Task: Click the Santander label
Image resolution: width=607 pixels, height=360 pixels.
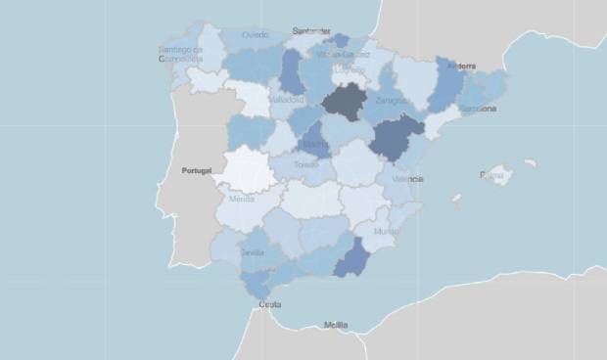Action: (310, 31)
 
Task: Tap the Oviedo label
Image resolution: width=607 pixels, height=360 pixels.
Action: (256, 35)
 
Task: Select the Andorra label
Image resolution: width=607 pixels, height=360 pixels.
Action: (460, 67)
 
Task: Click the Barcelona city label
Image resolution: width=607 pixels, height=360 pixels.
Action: (478, 109)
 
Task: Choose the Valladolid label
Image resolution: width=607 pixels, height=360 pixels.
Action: (286, 99)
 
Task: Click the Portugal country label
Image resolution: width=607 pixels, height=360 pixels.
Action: (197, 170)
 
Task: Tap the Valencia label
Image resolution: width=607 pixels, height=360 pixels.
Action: (407, 180)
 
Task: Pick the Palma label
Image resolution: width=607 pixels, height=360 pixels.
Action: (490, 175)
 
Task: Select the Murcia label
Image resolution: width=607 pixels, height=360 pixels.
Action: (386, 232)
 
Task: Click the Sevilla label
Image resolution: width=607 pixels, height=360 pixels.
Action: (253, 252)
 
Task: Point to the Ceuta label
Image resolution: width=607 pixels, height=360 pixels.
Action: (269, 305)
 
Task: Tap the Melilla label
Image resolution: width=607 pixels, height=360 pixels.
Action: (336, 325)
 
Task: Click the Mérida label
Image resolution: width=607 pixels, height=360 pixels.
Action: (241, 200)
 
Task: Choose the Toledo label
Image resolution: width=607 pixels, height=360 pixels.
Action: (306, 165)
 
